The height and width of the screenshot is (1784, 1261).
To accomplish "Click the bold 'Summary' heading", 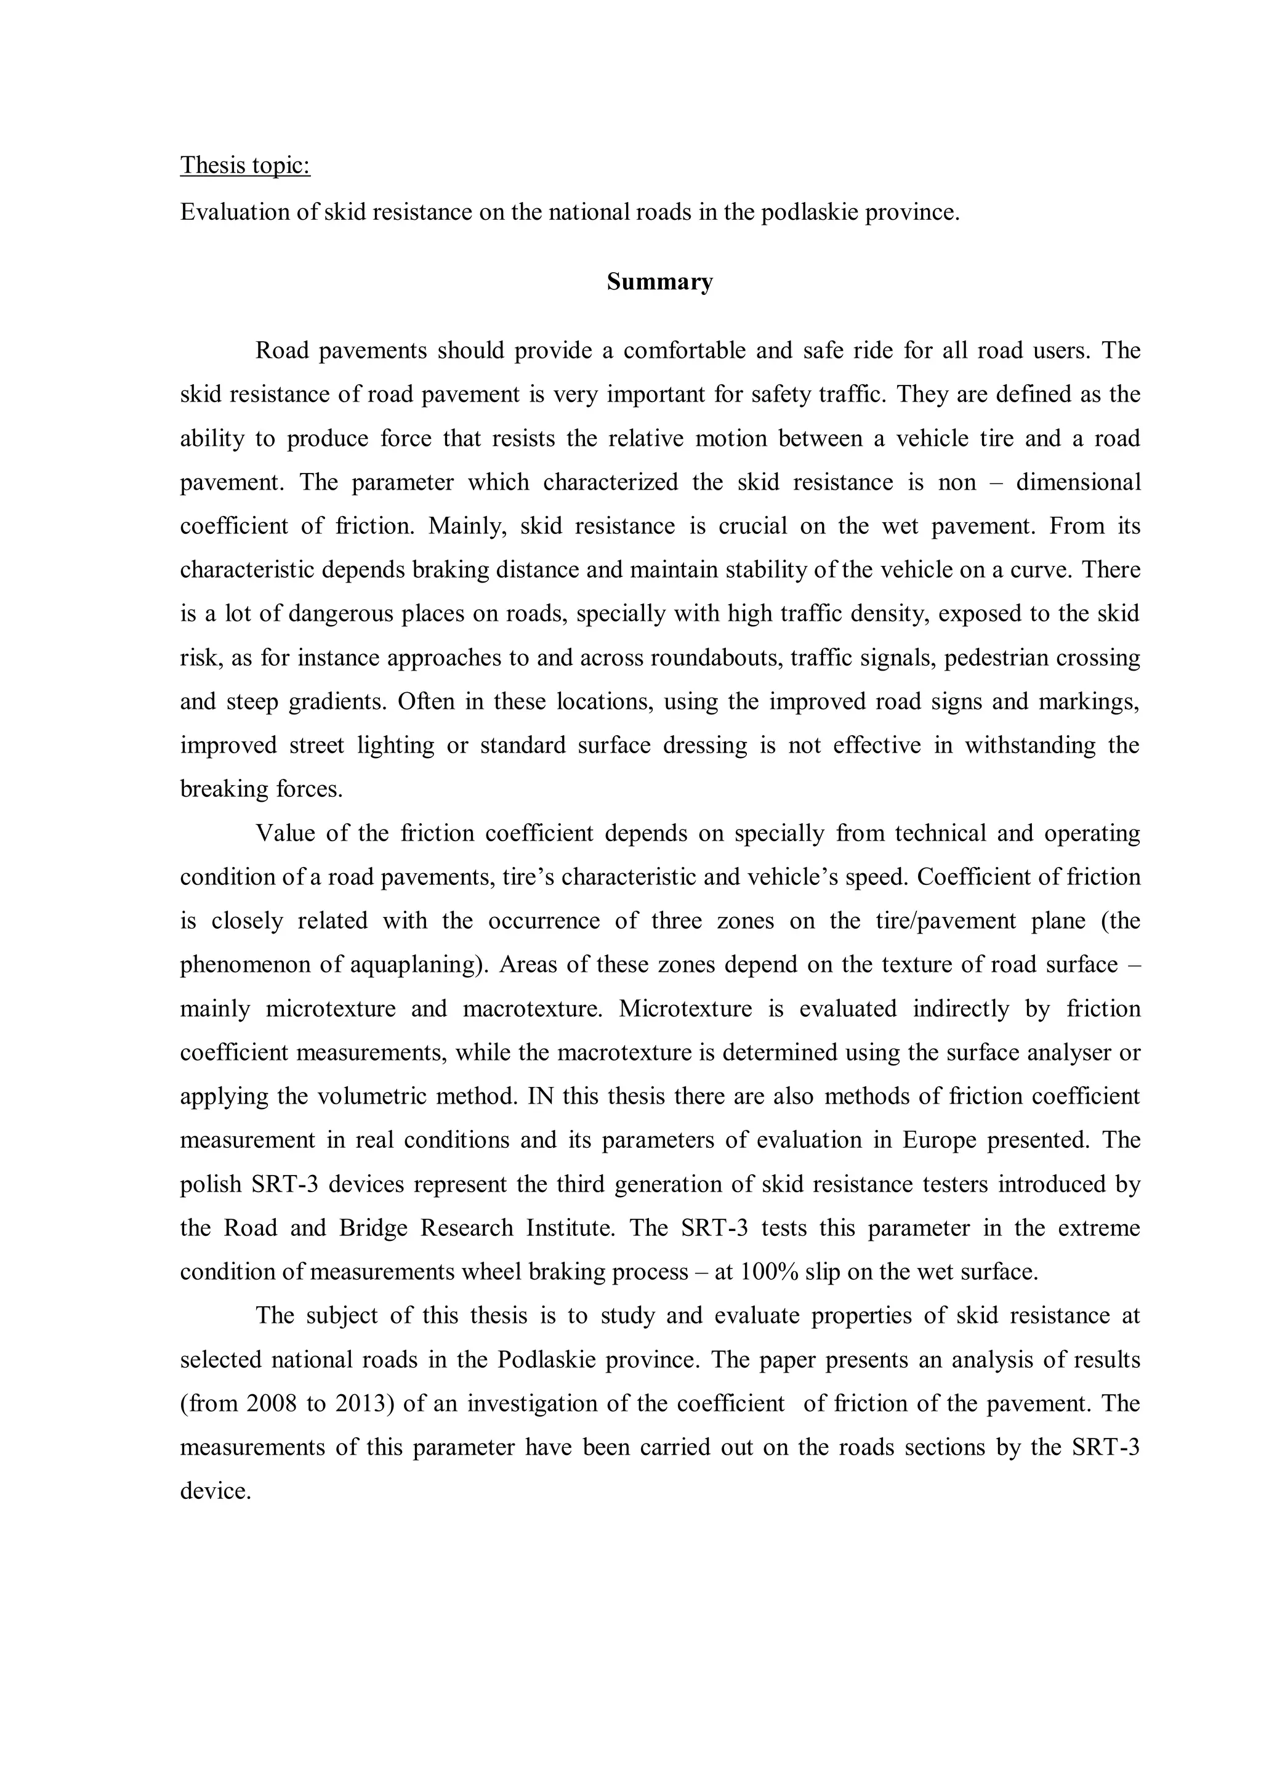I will (659, 281).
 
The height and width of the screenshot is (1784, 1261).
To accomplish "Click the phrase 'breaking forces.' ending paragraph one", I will (261, 789).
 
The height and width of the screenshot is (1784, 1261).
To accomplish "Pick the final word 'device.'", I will (216, 1491).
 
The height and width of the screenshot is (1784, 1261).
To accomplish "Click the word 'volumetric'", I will (375, 1096).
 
